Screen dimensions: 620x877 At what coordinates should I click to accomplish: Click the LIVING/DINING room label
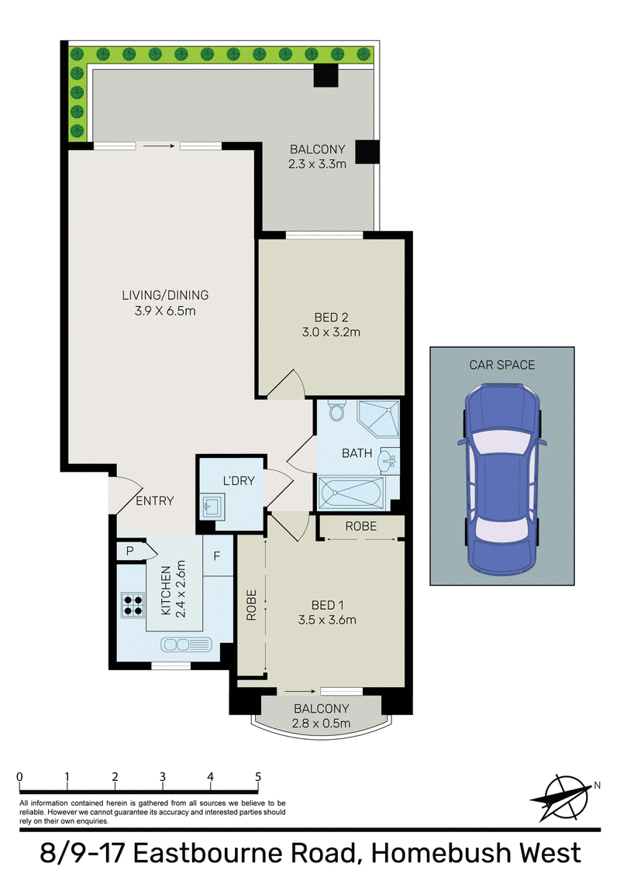click(x=165, y=294)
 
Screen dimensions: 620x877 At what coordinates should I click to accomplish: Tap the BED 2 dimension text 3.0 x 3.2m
click(x=331, y=332)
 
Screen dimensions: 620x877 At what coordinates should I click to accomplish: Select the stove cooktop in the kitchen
click(x=133, y=604)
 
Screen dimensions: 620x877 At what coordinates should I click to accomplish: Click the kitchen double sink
click(x=186, y=645)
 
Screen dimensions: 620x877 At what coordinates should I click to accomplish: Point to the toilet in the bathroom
click(x=336, y=411)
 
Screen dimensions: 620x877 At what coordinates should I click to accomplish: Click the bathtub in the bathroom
click(x=351, y=492)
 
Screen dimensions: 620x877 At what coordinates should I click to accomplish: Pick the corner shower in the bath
click(x=378, y=419)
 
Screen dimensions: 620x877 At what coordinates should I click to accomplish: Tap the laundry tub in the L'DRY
click(x=212, y=506)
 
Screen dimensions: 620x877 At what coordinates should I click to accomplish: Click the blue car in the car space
click(x=502, y=480)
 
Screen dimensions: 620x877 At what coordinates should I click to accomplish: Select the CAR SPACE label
click(x=502, y=365)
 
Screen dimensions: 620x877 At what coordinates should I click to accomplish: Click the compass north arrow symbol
click(x=563, y=797)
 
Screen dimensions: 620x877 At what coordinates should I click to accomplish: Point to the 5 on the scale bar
click(x=258, y=777)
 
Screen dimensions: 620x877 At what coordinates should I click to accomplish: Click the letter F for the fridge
click(x=216, y=556)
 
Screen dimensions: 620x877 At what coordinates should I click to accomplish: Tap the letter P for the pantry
click(x=130, y=551)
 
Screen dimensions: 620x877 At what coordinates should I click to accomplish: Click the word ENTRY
click(x=154, y=500)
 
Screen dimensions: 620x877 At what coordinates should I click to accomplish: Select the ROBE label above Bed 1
click(x=361, y=526)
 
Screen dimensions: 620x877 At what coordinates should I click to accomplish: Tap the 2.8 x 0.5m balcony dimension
click(x=321, y=723)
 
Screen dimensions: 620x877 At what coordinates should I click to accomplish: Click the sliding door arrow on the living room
click(x=158, y=146)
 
